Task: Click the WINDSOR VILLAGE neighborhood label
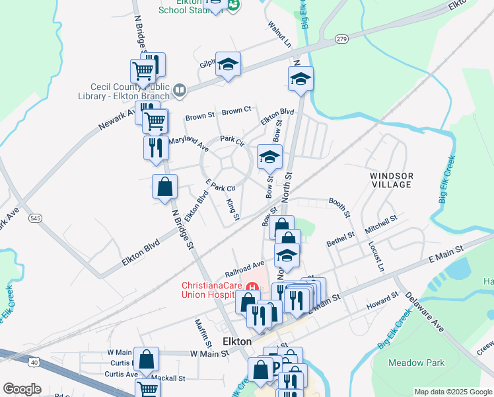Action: click(x=392, y=180)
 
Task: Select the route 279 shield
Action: click(x=341, y=39)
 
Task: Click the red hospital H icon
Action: click(x=251, y=286)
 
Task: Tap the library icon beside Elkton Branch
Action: click(x=180, y=89)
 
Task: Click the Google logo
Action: click(x=22, y=389)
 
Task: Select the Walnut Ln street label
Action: click(x=279, y=33)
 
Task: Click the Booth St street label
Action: click(x=337, y=206)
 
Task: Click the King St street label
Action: click(x=232, y=208)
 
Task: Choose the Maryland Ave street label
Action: click(x=188, y=141)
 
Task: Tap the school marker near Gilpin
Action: click(x=228, y=64)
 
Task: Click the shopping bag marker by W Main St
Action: click(x=147, y=360)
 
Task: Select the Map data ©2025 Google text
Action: click(x=453, y=392)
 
